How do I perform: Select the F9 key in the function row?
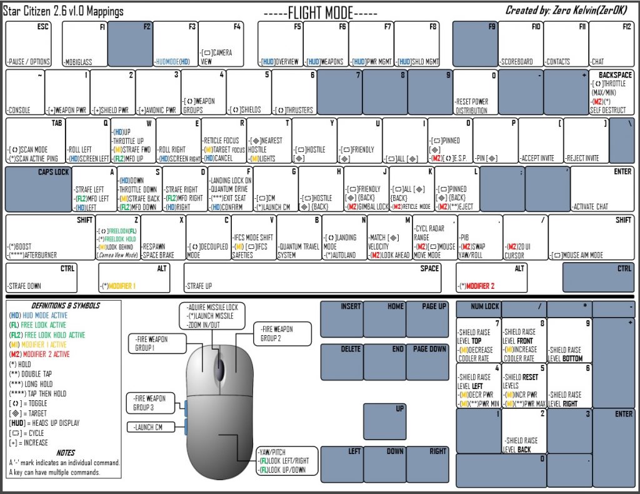click(x=474, y=44)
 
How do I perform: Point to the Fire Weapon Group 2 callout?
click(x=282, y=333)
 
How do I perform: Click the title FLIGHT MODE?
click(x=320, y=12)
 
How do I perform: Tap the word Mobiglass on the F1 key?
click(x=79, y=62)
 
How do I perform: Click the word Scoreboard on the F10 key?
click(x=517, y=62)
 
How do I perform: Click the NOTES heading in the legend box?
click(x=65, y=452)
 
